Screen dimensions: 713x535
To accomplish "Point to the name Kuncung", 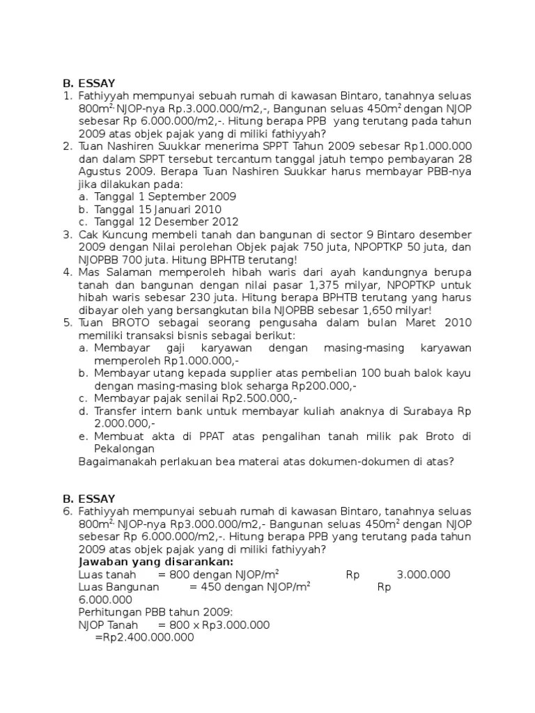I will (130, 234).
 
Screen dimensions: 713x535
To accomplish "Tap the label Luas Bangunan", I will (114, 587).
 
